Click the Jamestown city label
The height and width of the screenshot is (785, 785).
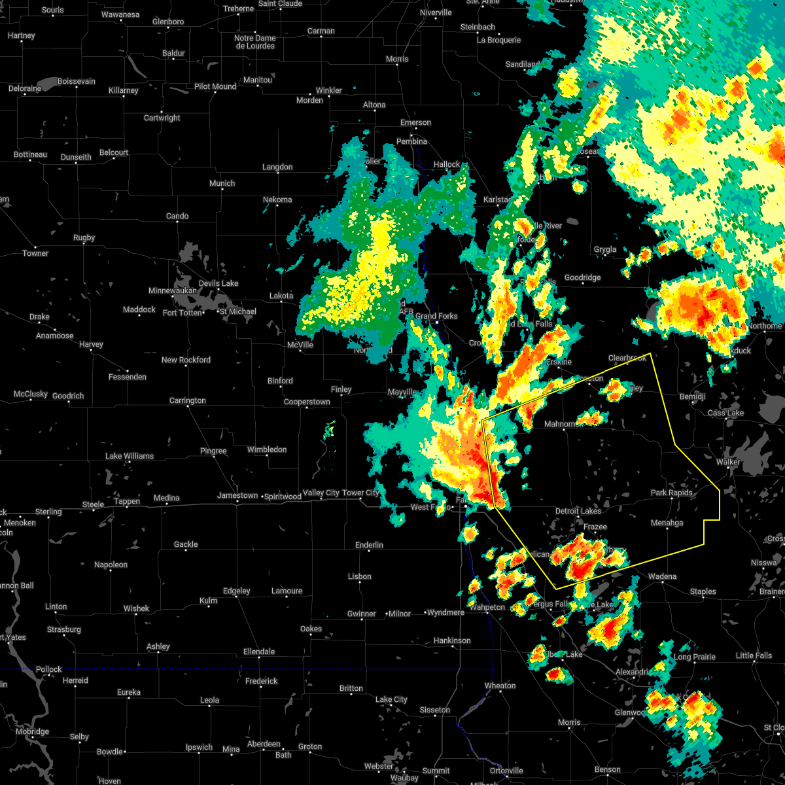coord(237,496)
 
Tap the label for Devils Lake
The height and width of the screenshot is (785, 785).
coord(218,283)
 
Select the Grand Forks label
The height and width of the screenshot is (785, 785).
coord(436,316)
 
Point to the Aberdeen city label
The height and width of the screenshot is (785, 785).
coord(264,744)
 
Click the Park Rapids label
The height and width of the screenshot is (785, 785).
coord(671,493)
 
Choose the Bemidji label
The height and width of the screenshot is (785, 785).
coord(692,397)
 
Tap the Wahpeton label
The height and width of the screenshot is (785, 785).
coord(487,607)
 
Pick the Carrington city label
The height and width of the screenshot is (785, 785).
coord(187,400)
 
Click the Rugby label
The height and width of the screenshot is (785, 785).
coord(84,237)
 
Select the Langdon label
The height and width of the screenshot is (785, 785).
coord(277,167)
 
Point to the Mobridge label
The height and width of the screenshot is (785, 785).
coord(32,731)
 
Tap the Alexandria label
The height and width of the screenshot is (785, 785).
coord(632,672)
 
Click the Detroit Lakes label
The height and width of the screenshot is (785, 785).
coord(578,511)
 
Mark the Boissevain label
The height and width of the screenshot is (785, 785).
coord(77,81)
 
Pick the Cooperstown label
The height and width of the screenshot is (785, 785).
coord(307,402)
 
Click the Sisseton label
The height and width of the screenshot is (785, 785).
coord(435,710)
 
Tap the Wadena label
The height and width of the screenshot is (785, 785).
coord(662,576)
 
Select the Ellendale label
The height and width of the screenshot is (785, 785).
coord(259,652)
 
